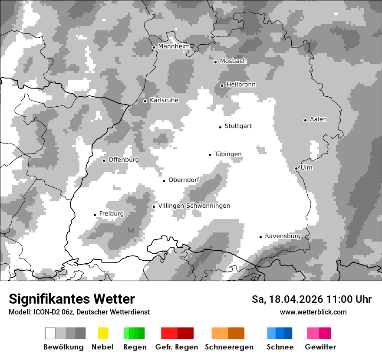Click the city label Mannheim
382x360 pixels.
point(174,46)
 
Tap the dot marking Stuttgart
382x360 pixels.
point(220,127)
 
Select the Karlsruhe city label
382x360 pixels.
point(164,100)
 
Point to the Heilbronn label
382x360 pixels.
point(241,85)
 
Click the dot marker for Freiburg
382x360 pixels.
point(95,215)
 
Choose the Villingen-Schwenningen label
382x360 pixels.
point(194,206)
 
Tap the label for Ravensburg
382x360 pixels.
point(283,236)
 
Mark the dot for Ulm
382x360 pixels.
point(296,168)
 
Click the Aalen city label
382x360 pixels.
point(318,119)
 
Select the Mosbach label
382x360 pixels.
point(233,61)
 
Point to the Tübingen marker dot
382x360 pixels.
point(210,155)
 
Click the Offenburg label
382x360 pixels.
point(123,160)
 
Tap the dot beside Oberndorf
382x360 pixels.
point(164,181)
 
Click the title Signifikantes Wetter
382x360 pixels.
point(72,299)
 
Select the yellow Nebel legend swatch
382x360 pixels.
point(103,333)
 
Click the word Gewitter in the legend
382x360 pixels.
point(320,347)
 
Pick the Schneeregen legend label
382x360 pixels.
point(229,347)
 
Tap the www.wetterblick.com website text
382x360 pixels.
point(313,312)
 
